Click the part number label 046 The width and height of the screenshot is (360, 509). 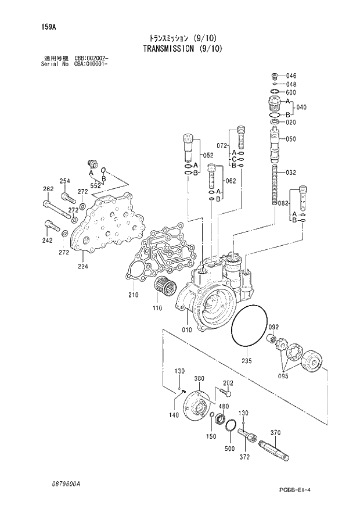point(291,76)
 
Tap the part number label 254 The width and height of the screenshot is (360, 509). point(65,181)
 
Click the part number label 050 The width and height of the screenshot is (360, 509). point(291,139)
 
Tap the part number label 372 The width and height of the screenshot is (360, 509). point(244,457)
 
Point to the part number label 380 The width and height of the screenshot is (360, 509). point(199,378)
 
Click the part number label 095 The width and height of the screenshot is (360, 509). point(282,376)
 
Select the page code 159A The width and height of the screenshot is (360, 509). point(41,27)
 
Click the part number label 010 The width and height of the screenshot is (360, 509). point(186,331)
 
